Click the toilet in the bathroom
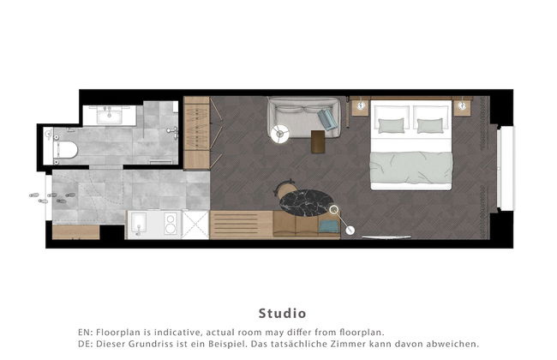[x=65, y=150]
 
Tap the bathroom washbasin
[x=110, y=115]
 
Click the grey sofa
[x=304, y=117]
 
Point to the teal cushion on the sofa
[x=327, y=118]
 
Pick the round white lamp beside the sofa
[x=280, y=134]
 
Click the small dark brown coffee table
[x=318, y=141]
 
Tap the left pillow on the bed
[x=391, y=125]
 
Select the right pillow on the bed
[x=430, y=125]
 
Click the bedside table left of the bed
[x=362, y=107]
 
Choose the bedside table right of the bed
[x=462, y=107]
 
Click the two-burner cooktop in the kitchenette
[x=171, y=224]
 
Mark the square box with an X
[x=195, y=225]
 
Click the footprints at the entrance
[x=52, y=198]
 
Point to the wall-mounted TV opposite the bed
[x=386, y=237]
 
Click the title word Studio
[x=282, y=314]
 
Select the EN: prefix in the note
[x=85, y=333]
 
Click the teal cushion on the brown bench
[x=328, y=226]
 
